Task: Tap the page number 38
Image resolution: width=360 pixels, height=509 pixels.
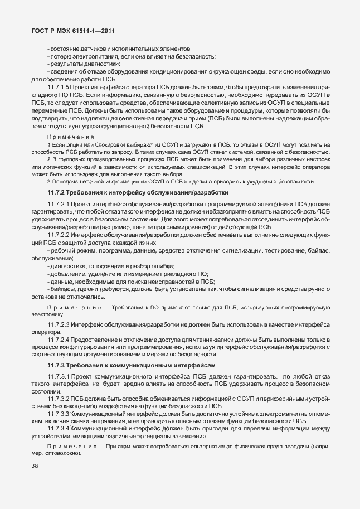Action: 36,480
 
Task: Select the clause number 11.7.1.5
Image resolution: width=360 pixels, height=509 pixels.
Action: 59,88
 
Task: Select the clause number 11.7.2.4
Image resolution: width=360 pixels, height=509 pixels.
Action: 59,340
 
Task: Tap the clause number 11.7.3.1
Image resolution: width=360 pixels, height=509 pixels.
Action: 59,376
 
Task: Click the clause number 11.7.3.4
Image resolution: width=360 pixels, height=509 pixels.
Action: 59,428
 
